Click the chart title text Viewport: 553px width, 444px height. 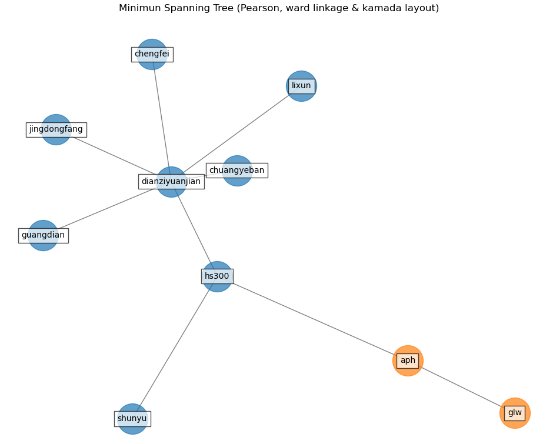[x=278, y=8]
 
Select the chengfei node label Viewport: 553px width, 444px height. [x=152, y=54]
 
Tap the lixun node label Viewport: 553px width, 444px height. [x=301, y=86]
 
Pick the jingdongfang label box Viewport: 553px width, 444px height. [x=56, y=129]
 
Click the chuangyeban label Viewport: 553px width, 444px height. [x=236, y=171]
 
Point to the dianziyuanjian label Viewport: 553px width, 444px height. [x=171, y=182]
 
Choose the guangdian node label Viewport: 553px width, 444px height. [x=43, y=235]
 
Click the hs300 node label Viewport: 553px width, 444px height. [x=217, y=276]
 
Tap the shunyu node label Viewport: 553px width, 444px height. [x=132, y=419]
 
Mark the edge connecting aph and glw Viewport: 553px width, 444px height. [x=461, y=387]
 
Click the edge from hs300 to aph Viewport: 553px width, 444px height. [x=312, y=318]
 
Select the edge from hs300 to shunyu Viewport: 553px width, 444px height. [x=175, y=348]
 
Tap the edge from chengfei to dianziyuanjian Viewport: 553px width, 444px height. [x=161, y=118]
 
